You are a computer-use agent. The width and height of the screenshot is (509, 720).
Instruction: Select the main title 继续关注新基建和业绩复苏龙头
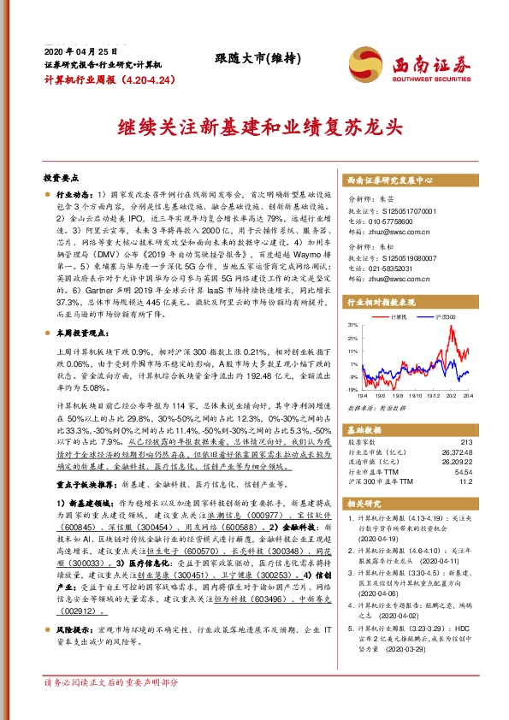coord(253,127)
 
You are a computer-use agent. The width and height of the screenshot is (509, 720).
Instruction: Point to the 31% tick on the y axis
coord(352,326)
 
